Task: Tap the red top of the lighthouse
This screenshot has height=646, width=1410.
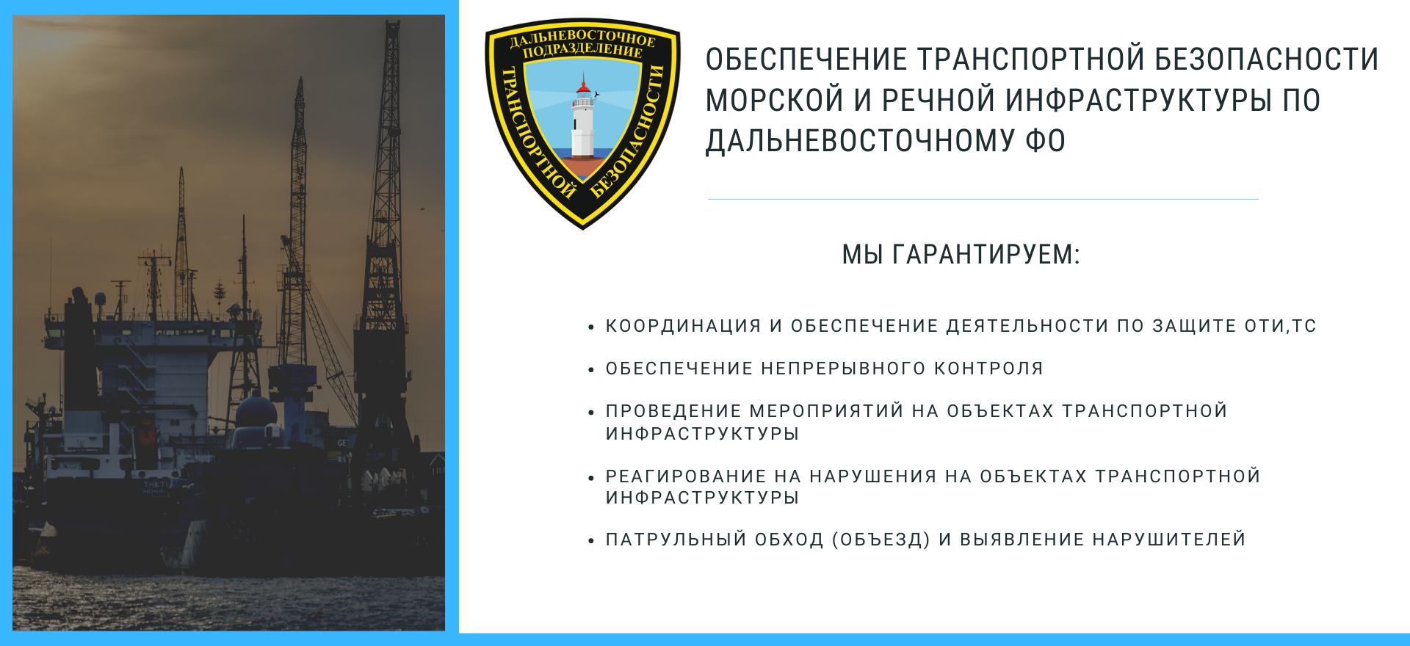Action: pos(583,88)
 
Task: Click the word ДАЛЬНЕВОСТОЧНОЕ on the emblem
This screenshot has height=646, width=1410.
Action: pos(583,37)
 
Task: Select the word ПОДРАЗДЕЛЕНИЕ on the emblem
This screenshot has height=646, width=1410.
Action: pos(582,50)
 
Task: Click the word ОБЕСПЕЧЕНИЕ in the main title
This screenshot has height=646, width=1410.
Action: pos(806,59)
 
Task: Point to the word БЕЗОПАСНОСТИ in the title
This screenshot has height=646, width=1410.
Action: pos(1266,59)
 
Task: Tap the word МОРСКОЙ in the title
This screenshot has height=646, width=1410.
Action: pos(774,100)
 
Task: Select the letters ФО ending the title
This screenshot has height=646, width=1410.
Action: pos(1046,141)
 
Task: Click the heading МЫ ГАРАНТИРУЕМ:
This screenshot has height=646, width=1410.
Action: pos(961,255)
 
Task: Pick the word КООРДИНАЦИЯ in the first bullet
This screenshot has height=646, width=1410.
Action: pos(683,326)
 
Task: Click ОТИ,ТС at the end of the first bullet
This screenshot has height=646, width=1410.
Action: pos(1281,326)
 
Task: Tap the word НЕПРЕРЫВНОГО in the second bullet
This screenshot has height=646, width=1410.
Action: pos(844,369)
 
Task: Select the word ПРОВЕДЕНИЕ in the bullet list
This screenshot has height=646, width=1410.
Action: pos(673,411)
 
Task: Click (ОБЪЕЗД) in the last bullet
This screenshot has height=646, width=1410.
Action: pos(881,540)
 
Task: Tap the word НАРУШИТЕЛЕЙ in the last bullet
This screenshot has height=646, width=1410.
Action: pos(1169,540)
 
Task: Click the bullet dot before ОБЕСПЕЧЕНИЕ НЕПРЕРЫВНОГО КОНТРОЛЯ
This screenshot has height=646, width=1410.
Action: pos(590,370)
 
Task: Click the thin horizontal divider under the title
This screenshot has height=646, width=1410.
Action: pos(983,199)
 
